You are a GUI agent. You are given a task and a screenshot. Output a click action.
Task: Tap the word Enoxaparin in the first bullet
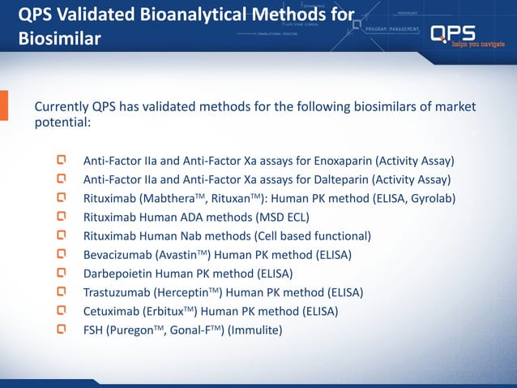(x=339, y=160)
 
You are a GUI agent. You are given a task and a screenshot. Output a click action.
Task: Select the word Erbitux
(x=177, y=311)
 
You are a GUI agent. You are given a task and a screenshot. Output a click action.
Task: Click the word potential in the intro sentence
(x=59, y=124)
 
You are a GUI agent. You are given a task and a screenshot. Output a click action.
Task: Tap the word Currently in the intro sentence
(x=61, y=108)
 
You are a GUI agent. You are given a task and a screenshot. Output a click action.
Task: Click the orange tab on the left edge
(x=4, y=106)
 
